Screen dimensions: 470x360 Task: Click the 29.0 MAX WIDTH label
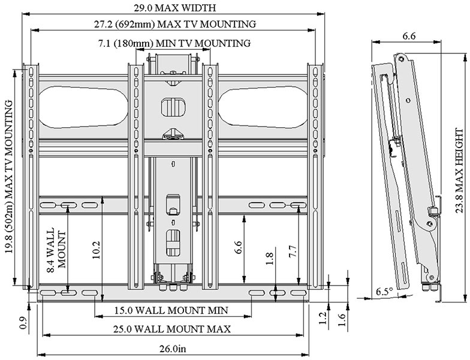click(175, 7)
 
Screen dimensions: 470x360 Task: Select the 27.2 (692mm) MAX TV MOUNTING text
click(175, 24)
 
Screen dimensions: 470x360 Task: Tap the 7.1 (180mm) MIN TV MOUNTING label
click(174, 43)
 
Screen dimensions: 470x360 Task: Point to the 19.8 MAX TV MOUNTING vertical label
click(8, 177)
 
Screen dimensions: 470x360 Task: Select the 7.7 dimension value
click(293, 251)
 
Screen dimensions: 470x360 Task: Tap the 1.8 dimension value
click(269, 259)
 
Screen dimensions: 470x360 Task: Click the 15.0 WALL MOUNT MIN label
click(171, 310)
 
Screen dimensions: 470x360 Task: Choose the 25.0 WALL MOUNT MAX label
click(172, 329)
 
